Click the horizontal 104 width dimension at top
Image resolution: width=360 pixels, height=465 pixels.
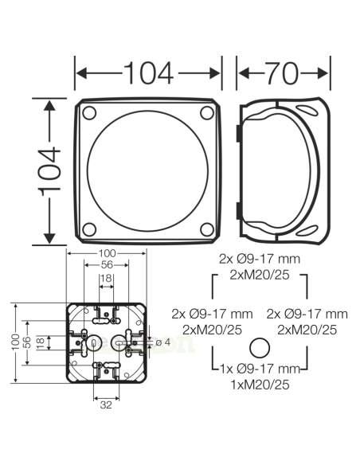coord(148,73)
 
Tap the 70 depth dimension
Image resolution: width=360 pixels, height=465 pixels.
coord(283,73)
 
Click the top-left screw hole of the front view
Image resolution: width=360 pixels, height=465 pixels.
coord(90,111)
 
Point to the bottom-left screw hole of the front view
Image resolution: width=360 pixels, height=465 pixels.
coord(90,228)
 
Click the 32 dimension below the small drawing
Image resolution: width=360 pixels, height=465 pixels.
coord(105,404)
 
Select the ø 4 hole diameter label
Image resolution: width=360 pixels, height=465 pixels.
coord(162,342)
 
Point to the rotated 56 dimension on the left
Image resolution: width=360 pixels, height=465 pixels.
coord(27,342)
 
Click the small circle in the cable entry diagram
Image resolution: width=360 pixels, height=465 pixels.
coord(259,348)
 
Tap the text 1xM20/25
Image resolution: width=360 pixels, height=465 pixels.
coord(259,384)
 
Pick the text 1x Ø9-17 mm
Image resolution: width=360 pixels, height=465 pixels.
coord(259,369)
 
